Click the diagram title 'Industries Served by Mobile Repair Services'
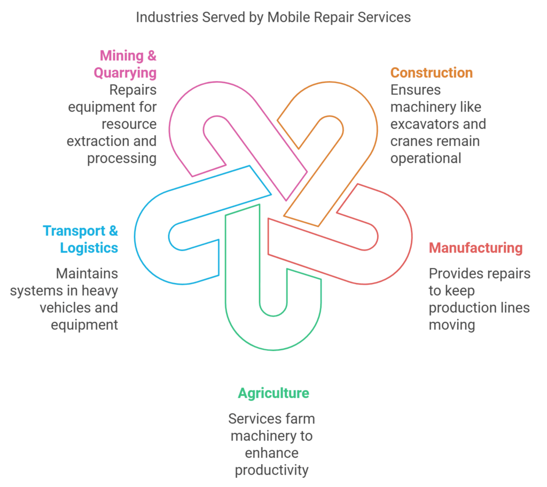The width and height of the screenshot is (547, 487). click(273, 17)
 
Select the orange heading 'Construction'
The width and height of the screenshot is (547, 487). click(431, 73)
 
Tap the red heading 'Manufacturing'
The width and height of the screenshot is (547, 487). click(475, 248)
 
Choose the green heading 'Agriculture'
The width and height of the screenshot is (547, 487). click(273, 394)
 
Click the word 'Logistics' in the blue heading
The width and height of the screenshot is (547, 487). click(89, 248)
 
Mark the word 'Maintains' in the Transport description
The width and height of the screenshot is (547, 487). click(87, 274)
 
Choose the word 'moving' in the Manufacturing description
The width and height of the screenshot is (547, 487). click(451, 325)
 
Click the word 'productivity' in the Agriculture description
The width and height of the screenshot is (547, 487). click(271, 470)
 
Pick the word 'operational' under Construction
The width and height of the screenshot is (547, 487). click(425, 159)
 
